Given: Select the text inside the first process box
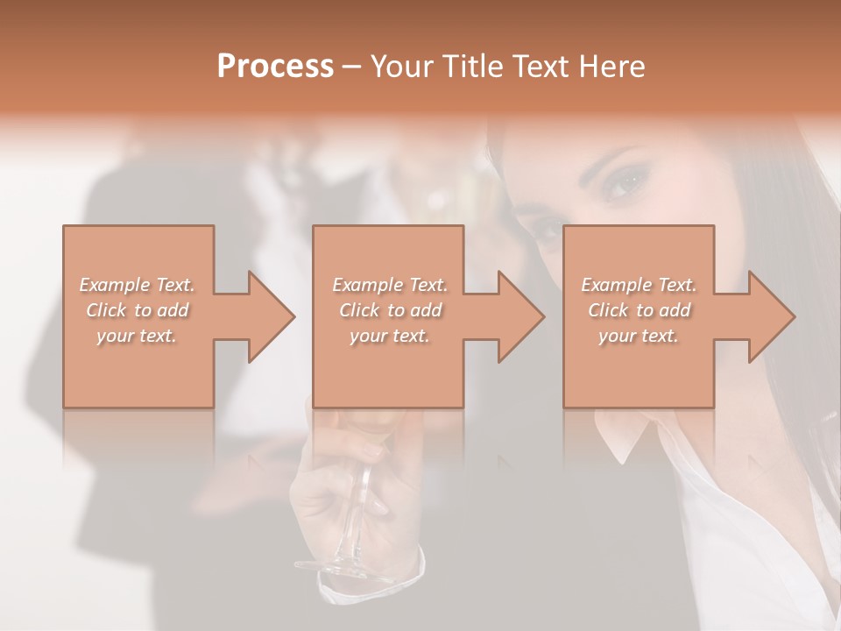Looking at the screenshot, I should tap(138, 309).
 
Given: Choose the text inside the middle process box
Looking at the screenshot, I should tap(390, 309).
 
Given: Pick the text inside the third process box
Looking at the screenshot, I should tap(639, 309).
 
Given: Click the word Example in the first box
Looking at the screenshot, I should tap(114, 285).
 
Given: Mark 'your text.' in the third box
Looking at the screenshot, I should tap(639, 336).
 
